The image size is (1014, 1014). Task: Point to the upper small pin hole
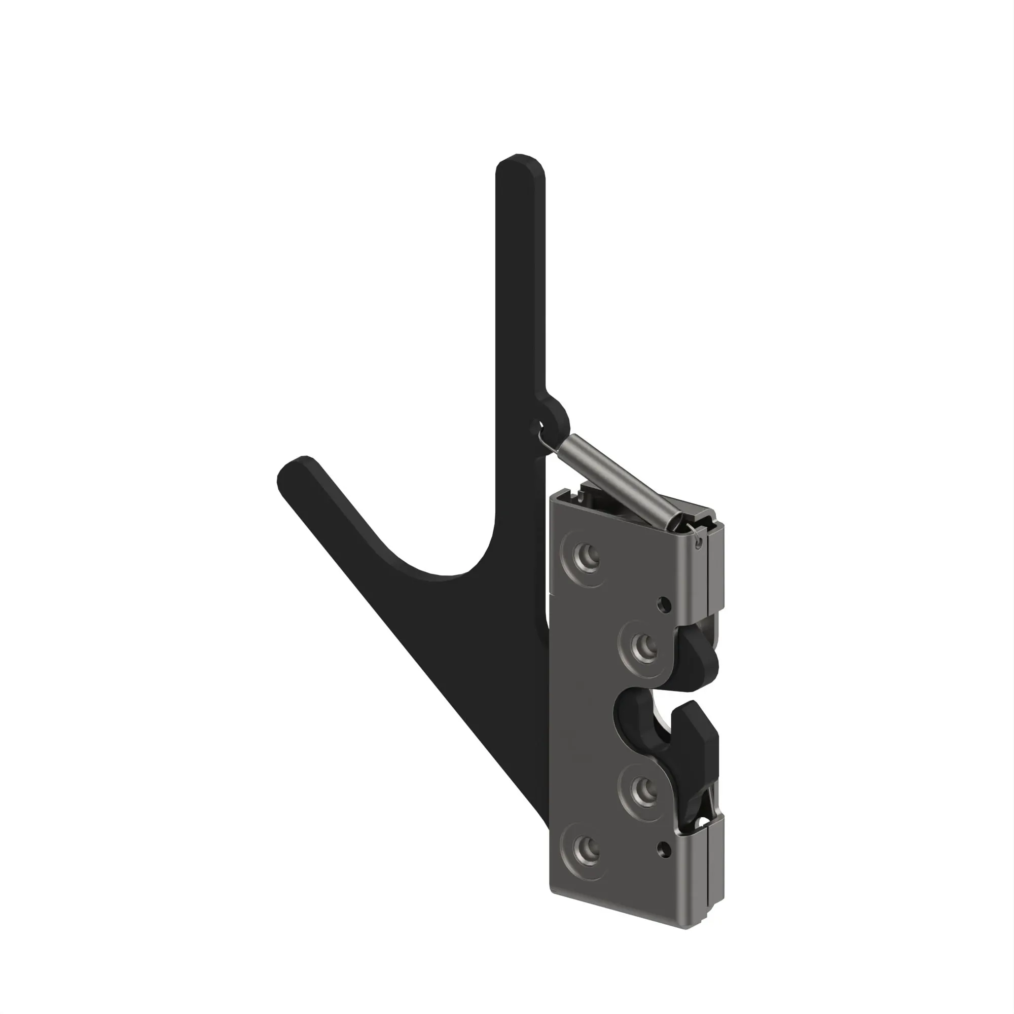[x=664, y=605]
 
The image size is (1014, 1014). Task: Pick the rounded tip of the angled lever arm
[x=294, y=473]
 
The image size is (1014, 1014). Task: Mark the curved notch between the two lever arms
[x=451, y=567]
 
